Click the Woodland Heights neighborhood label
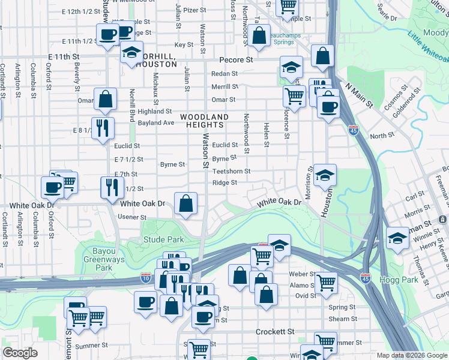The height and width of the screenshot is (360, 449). click(x=204, y=121)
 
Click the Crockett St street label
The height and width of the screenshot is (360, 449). click(x=275, y=331)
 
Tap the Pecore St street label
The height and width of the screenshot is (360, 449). click(x=236, y=60)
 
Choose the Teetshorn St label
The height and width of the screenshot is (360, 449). click(x=231, y=172)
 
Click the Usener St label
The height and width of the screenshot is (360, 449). click(x=132, y=217)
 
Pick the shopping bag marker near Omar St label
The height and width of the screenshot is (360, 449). click(x=105, y=100)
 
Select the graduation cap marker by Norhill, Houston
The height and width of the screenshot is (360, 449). click(x=131, y=52)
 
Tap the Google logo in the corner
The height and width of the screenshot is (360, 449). click(x=20, y=353)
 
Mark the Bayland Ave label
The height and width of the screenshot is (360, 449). click(x=155, y=123)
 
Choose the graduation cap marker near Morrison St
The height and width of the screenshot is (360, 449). click(x=325, y=175)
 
